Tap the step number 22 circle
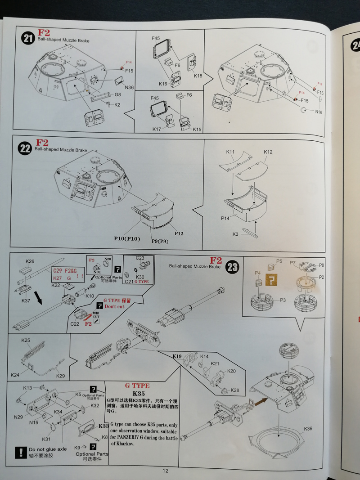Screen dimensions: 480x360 click(25, 148)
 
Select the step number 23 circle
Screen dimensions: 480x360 click(232, 268)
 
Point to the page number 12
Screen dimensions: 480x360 click(166, 471)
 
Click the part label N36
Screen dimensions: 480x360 click(129, 87)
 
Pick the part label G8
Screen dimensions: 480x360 click(117, 95)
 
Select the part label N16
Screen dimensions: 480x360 click(319, 112)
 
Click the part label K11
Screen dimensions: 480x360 click(230, 152)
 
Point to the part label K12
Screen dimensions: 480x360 click(268, 152)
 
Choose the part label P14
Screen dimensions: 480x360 click(225, 218)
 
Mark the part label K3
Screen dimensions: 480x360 click(235, 234)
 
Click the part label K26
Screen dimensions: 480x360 click(30, 261)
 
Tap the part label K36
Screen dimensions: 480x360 click(308, 429)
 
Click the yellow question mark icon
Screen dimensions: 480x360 click(271, 279)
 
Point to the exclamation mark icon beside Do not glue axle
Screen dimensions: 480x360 click(21, 452)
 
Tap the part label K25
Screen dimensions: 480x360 click(26, 341)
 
